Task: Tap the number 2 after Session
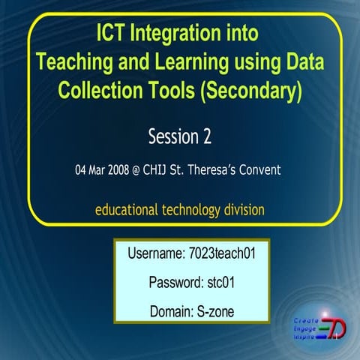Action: tap(206, 136)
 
